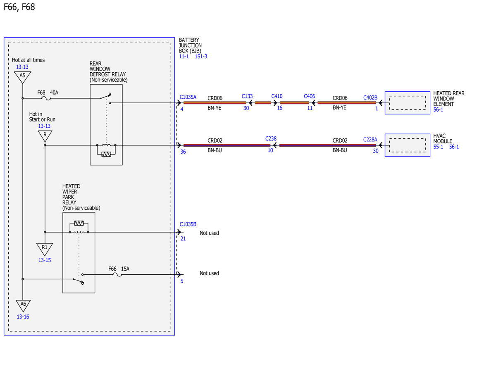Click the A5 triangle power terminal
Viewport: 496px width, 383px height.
tap(22, 77)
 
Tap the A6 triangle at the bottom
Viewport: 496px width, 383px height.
tap(23, 305)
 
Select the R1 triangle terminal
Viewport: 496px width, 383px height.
tap(45, 249)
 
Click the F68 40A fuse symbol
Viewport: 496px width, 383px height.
tap(46, 98)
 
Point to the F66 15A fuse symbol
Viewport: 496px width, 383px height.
tap(117, 274)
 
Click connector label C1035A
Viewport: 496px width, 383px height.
tap(188, 97)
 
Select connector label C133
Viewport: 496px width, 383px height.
tap(247, 96)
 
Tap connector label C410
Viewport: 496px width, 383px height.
tap(277, 96)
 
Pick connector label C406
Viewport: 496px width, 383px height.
tap(309, 96)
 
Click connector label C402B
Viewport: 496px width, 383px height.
tap(370, 98)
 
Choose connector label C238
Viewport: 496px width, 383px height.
tap(271, 139)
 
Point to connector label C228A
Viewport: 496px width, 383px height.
tap(370, 140)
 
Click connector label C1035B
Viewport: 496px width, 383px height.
tap(188, 224)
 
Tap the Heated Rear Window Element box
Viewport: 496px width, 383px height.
tap(408, 103)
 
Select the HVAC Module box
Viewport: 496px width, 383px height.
tap(408, 145)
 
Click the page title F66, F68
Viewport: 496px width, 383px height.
tap(19, 7)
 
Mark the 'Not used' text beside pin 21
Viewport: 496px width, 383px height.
tap(209, 233)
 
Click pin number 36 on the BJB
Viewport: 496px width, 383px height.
tap(183, 152)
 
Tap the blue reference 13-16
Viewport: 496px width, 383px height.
tap(23, 316)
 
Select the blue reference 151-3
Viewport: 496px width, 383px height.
tap(201, 56)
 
